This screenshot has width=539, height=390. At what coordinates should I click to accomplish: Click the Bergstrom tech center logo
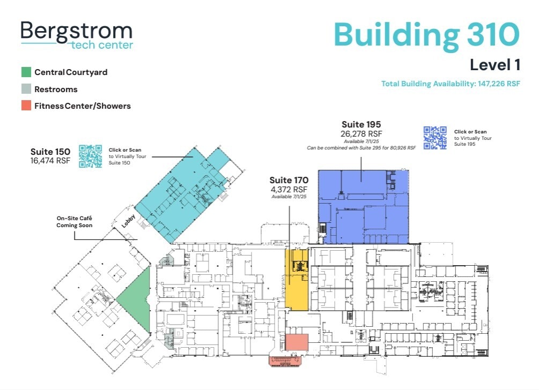point(76,35)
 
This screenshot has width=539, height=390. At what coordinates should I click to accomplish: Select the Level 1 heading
point(494,65)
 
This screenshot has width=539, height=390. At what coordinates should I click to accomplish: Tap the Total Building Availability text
point(451,84)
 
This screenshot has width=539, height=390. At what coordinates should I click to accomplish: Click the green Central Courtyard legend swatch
point(26,72)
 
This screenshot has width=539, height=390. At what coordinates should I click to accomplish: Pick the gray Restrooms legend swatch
point(26,89)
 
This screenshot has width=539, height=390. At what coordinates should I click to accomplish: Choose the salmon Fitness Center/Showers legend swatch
point(26,106)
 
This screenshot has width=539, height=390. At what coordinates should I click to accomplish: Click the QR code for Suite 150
point(90,156)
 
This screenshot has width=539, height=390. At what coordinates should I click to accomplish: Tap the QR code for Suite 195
point(435,138)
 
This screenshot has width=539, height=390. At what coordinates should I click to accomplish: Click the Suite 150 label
point(50,152)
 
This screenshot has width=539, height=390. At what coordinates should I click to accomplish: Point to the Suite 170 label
point(289,180)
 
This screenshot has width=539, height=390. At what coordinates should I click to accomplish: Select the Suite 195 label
point(361,125)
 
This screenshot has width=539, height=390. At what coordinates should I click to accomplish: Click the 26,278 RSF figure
point(361,133)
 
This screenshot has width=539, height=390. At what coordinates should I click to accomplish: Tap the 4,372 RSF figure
point(289,189)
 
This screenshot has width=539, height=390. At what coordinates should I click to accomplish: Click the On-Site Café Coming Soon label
point(75,222)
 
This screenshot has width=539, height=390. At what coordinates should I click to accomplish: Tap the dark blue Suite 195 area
point(365,209)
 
